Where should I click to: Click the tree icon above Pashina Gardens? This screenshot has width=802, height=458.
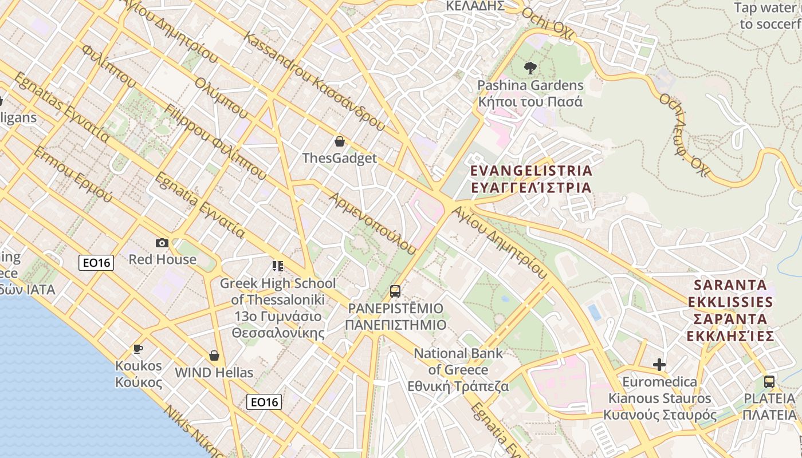[x=530, y=68]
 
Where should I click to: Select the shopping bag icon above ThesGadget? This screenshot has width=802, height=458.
[x=340, y=141]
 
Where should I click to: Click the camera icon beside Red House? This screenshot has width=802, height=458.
[x=162, y=243]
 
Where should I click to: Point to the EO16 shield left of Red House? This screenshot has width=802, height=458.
[x=96, y=263]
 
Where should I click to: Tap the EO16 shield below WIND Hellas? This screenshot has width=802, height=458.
[x=264, y=402]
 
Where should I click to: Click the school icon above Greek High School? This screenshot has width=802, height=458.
[x=278, y=266]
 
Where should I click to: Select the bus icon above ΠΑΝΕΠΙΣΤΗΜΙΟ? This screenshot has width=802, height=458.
[x=395, y=291]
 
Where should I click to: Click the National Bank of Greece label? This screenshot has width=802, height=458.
[x=458, y=370]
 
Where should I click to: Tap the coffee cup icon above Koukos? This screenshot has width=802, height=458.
[x=137, y=348]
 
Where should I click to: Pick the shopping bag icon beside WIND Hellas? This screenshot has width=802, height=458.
[x=214, y=356]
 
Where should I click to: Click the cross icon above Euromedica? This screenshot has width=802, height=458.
[x=659, y=364]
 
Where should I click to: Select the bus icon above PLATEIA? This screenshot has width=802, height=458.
[x=769, y=381]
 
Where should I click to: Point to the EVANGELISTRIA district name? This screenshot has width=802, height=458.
[x=531, y=179]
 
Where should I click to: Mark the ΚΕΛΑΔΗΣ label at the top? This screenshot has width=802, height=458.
[x=475, y=6]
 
